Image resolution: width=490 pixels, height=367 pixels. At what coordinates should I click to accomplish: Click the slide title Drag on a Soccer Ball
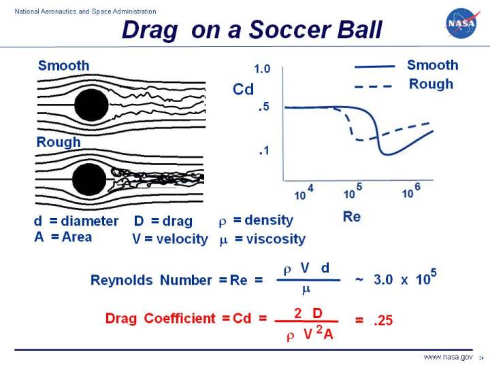pyautogui.click(x=252, y=30)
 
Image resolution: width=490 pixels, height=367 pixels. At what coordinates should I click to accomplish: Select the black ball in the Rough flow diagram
pyautogui.click(x=89, y=179)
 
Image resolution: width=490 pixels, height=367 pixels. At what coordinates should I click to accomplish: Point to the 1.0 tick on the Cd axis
pyautogui.click(x=262, y=69)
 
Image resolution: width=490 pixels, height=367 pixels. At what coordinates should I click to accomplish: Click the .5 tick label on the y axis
pyautogui.click(x=265, y=107)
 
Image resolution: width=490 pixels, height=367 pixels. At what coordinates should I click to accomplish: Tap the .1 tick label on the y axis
pyautogui.click(x=265, y=151)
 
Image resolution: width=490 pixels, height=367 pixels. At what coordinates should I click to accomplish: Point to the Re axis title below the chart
pyautogui.click(x=352, y=217)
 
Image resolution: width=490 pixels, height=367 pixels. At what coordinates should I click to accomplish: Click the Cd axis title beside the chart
pyautogui.click(x=243, y=88)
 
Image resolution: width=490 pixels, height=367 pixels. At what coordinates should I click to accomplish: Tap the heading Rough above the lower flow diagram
pyautogui.click(x=59, y=142)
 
